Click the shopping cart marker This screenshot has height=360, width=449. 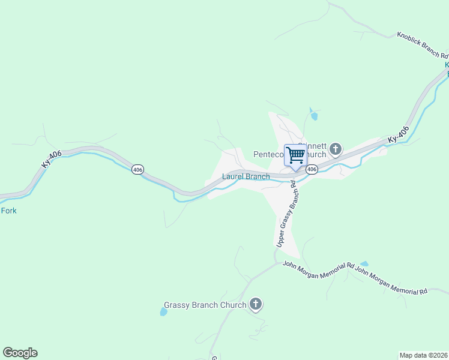[x=295, y=155]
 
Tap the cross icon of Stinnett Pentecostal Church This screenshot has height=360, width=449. [x=336, y=148]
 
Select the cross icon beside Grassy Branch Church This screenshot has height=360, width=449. [x=256, y=304]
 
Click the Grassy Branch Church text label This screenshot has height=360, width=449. [x=205, y=305]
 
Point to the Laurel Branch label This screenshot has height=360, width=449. [x=246, y=176]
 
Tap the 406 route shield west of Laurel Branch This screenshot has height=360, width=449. [x=138, y=170]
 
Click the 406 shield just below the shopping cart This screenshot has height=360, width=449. [x=312, y=170]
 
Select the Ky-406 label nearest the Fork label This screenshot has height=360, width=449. [x=52, y=160]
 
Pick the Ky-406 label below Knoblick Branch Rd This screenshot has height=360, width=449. [x=398, y=134]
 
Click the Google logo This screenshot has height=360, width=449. [x=20, y=353]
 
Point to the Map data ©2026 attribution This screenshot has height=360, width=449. [x=423, y=355]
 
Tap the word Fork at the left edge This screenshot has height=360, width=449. [x=8, y=211]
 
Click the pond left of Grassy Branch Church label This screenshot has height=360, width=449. [x=163, y=312]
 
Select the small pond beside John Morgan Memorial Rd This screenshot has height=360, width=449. [x=364, y=263]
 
